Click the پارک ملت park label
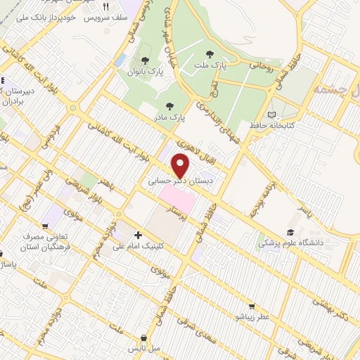[x=208, y=65]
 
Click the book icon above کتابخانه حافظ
[x=272, y=114]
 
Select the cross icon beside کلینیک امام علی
[x=138, y=235]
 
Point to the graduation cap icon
[x=290, y=232]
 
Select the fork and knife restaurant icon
[x=106, y=6]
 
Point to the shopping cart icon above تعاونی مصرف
[x=46, y=227]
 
